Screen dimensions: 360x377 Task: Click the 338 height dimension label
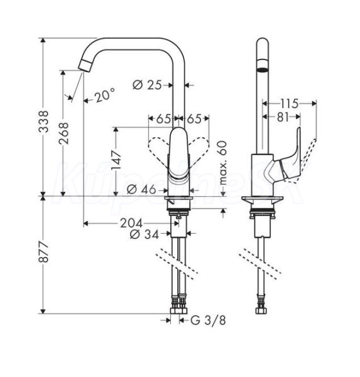tap(43, 121)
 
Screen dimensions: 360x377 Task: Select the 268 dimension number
tap(63, 133)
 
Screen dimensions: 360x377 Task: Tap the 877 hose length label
tap(43, 253)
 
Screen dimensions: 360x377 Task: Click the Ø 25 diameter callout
tap(147, 85)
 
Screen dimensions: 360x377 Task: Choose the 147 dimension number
tap(116, 160)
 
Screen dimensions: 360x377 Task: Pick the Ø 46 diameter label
tap(141, 190)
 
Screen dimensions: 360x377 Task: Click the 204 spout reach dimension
tap(131, 223)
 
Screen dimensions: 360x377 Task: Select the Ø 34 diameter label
tap(145, 234)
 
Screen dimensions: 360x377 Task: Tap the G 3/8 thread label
tap(208, 320)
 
